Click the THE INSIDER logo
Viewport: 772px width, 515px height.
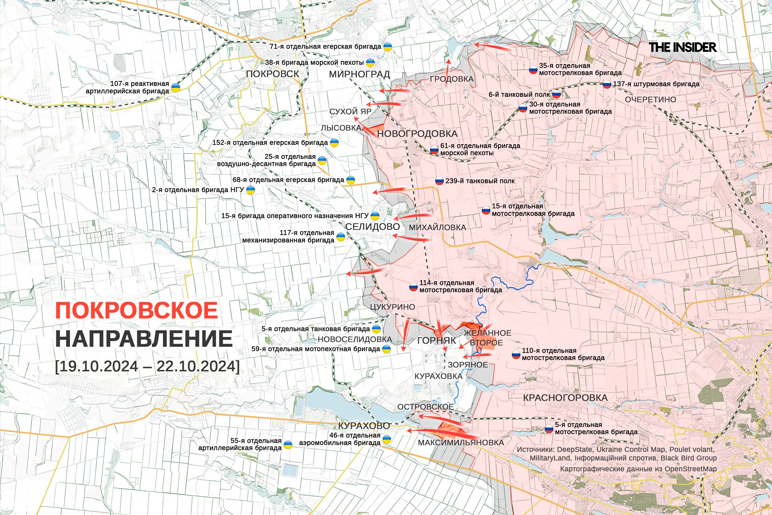click(683, 47)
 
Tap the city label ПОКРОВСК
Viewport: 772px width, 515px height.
click(272, 74)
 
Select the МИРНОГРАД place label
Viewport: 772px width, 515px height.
click(359, 74)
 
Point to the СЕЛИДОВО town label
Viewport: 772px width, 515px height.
click(372, 227)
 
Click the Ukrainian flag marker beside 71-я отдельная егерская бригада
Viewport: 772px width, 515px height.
click(388, 47)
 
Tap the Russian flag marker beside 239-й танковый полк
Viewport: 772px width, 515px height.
click(439, 181)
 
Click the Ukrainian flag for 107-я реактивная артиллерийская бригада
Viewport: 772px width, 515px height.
click(176, 88)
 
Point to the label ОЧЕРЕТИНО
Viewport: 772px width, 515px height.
click(650, 100)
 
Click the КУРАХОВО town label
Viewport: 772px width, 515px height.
click(364, 426)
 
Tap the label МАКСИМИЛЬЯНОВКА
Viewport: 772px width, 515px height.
click(461, 443)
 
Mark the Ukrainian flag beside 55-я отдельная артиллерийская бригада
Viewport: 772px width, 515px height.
click(288, 445)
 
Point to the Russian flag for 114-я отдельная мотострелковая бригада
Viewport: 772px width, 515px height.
click(413, 287)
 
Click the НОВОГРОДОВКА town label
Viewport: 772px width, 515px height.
click(417, 134)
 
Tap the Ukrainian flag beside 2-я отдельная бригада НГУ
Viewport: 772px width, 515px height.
click(250, 190)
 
